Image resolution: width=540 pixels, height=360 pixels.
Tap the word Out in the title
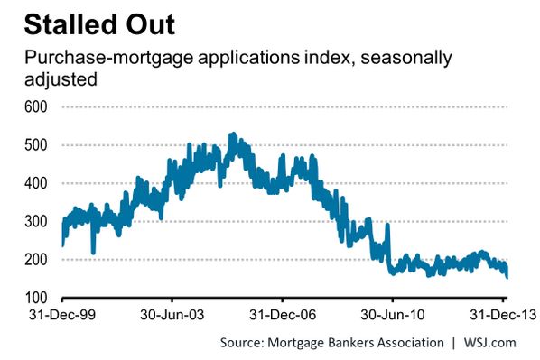click(x=151, y=24)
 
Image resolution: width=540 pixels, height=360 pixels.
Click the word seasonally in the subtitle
click(x=406, y=57)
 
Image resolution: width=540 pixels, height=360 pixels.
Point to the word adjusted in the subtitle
click(x=61, y=79)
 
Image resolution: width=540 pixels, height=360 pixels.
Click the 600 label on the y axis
click(x=35, y=106)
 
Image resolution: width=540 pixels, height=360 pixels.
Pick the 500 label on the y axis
click(x=35, y=145)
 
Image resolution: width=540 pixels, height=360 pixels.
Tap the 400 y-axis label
click(x=35, y=183)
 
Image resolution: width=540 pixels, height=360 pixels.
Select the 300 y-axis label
click(x=35, y=221)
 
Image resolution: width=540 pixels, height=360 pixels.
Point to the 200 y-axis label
click(x=35, y=260)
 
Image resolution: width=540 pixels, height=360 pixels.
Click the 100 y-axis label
click(x=35, y=298)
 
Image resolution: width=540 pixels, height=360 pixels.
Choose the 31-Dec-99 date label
click(x=62, y=315)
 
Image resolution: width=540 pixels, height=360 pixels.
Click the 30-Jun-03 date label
click(x=172, y=315)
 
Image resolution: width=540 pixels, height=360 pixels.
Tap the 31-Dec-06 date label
click(x=283, y=315)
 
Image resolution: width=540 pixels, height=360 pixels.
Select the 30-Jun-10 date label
click(x=392, y=315)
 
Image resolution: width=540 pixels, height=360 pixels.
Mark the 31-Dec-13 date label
click(x=503, y=315)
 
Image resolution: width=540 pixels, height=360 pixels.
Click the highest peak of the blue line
click(x=233, y=134)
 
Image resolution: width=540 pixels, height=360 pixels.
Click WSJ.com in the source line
click(x=489, y=343)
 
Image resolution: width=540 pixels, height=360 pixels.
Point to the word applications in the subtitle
click(x=248, y=58)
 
